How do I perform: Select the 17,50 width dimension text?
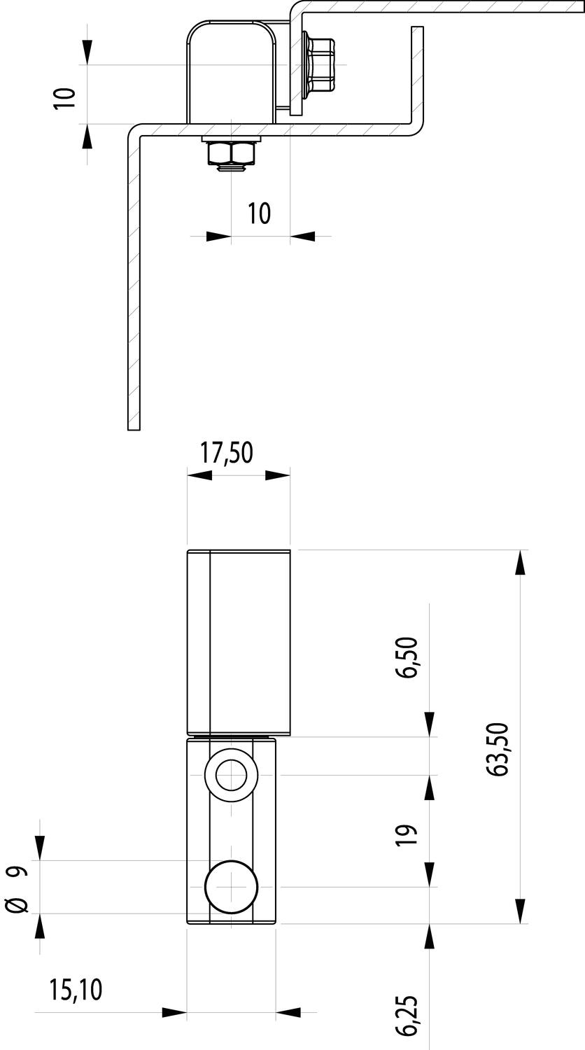(227, 452)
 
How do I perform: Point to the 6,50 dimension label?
(406, 657)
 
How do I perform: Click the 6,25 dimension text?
(406, 1015)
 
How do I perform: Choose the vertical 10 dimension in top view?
(64, 99)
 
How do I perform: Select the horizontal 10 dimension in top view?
(259, 213)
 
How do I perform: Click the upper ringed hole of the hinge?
(231, 776)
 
